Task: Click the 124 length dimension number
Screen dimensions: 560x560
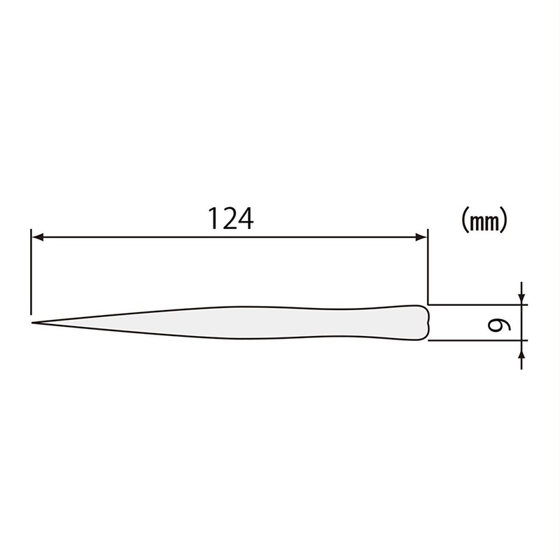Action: click(230, 218)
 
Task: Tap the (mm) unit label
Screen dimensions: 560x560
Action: click(484, 222)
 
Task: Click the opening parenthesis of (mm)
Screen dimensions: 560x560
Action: click(464, 222)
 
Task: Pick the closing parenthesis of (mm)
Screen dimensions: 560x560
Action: click(503, 222)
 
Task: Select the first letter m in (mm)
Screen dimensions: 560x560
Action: click(477, 223)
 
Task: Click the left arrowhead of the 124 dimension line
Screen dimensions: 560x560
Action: click(37, 237)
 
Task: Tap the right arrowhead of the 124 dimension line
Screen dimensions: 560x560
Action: click(421, 237)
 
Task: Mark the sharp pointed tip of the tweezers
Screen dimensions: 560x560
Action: click(33, 323)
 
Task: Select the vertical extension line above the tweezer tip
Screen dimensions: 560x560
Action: click(31, 273)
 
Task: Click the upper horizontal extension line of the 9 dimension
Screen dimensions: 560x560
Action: click(476, 305)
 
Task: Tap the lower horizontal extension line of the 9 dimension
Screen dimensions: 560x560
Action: click(476, 340)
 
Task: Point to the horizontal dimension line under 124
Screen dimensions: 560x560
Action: click(140, 237)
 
